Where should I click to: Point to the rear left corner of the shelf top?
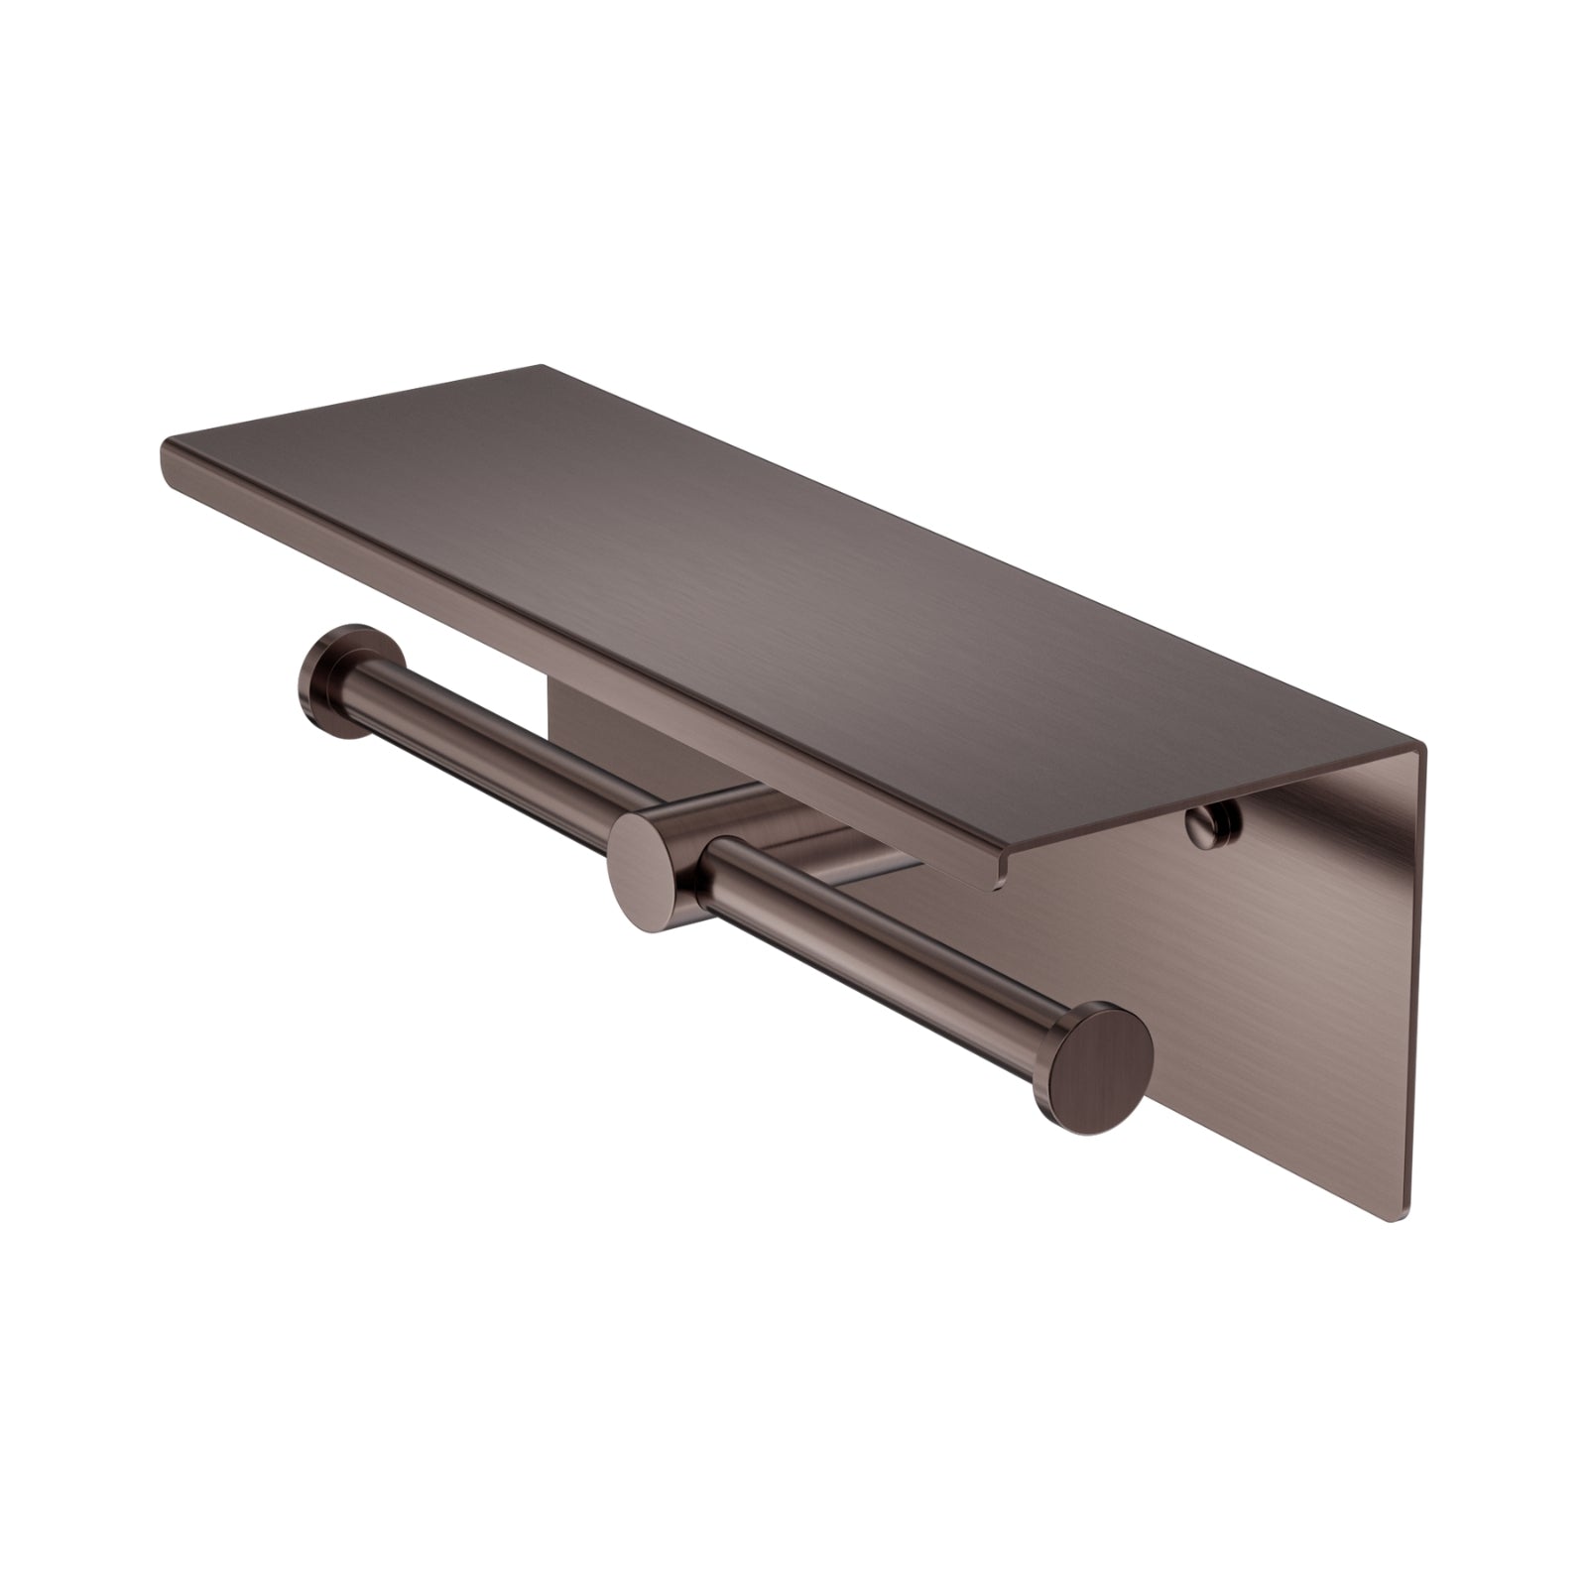(x=541, y=367)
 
